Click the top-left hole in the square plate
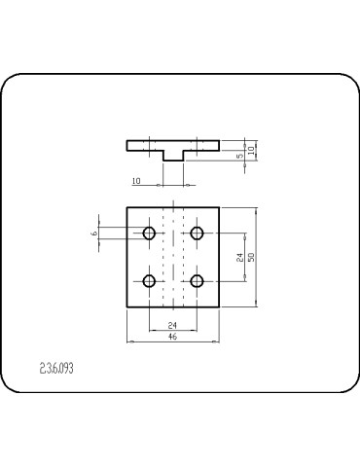tap(150, 233)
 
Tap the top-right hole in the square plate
tap(198, 233)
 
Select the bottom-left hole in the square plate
tap(150, 281)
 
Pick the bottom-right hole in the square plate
tap(198, 281)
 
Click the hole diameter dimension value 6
tap(94, 233)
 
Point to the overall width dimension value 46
tap(173, 336)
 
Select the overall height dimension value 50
tap(252, 257)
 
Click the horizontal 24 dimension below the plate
tap(173, 324)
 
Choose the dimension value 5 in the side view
tap(239, 155)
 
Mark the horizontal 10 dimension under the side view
tap(135, 181)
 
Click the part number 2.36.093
tap(57, 369)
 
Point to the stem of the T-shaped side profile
tap(173, 156)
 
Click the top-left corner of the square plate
tap(127, 208)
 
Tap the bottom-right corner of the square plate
tap(221, 306)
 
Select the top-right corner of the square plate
tap(221, 208)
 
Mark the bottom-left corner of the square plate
tap(127, 306)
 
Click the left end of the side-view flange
tap(127, 145)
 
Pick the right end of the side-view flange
tap(220, 145)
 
